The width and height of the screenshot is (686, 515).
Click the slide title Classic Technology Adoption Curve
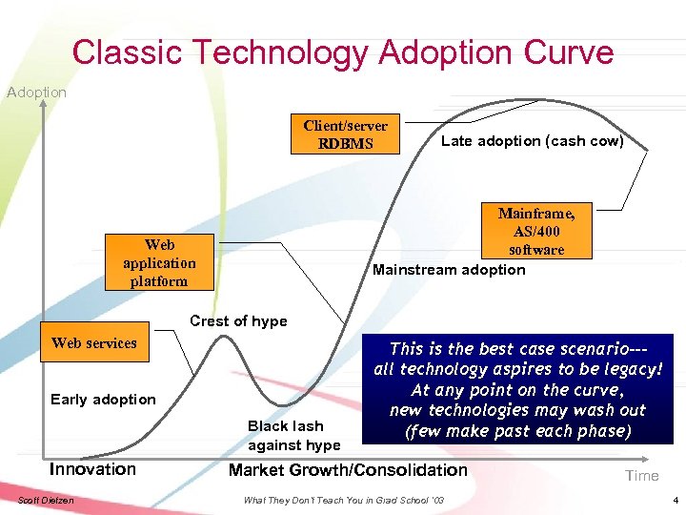coord(343,51)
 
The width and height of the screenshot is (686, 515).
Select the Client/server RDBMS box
coord(345,134)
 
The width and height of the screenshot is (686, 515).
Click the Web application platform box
coord(159,263)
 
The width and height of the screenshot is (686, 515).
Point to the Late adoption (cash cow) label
coord(532,141)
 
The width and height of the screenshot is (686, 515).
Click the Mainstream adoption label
coord(448,270)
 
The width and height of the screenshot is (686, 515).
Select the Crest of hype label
coord(238,321)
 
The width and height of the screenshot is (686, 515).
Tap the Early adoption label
coord(103,400)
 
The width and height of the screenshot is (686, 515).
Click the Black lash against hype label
coord(293,436)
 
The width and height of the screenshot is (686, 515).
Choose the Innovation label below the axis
coord(92,469)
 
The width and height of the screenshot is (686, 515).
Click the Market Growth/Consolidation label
coord(348,469)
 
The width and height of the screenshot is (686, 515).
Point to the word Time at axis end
coord(641,476)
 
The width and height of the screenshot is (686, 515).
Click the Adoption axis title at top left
coord(36,93)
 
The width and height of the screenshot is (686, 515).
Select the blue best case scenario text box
coord(517,389)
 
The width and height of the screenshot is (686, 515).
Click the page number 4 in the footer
coord(673,501)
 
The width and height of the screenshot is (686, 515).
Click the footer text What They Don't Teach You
coord(343,501)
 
